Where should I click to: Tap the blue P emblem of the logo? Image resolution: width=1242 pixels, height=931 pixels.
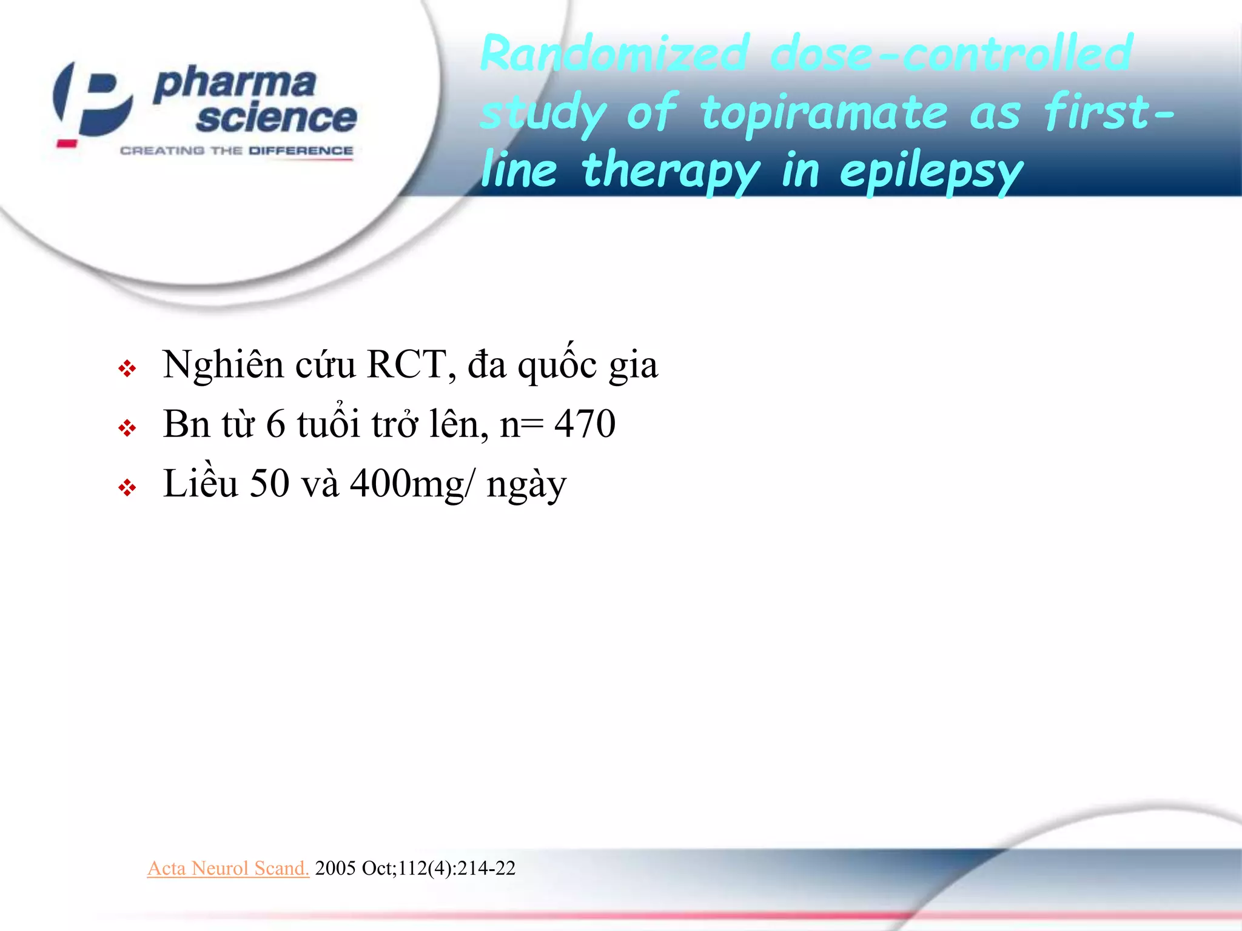pos(94,100)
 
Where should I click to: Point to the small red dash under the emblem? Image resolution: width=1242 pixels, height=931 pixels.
pos(67,144)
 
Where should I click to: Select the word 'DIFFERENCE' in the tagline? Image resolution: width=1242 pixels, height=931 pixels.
pos(301,150)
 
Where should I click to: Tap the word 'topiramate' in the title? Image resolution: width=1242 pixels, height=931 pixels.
pos(824,113)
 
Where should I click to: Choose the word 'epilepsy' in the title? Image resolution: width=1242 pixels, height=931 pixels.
pos(931,172)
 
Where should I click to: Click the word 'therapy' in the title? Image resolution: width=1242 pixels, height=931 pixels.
pos(670,172)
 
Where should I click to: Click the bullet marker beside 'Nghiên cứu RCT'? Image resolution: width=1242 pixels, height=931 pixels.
pos(127,369)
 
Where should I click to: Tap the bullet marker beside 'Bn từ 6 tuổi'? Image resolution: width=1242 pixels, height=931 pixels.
pos(127,429)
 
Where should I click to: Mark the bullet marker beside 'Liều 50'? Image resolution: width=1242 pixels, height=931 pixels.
pos(127,487)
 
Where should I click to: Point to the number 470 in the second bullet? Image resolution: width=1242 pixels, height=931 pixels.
pos(585,424)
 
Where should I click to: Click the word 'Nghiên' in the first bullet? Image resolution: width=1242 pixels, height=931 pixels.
pos(223,365)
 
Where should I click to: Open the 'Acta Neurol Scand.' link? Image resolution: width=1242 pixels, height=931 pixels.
pos(228,868)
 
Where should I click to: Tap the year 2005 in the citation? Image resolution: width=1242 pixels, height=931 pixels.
pos(335,868)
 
